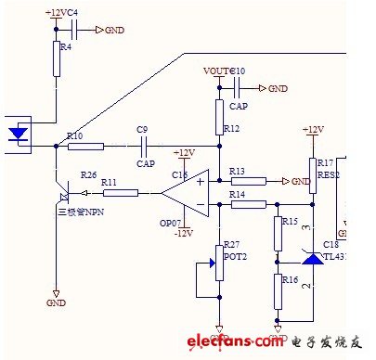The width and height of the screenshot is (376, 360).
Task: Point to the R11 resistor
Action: [x=119, y=192]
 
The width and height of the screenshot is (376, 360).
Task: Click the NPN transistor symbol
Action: [x=63, y=194]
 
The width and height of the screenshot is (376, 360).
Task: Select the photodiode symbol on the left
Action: [x=18, y=133]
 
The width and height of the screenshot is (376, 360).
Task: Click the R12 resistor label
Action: [x=232, y=128]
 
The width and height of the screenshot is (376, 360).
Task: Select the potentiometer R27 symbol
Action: [x=219, y=263]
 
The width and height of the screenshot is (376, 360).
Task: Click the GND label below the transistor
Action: [x=57, y=303]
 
